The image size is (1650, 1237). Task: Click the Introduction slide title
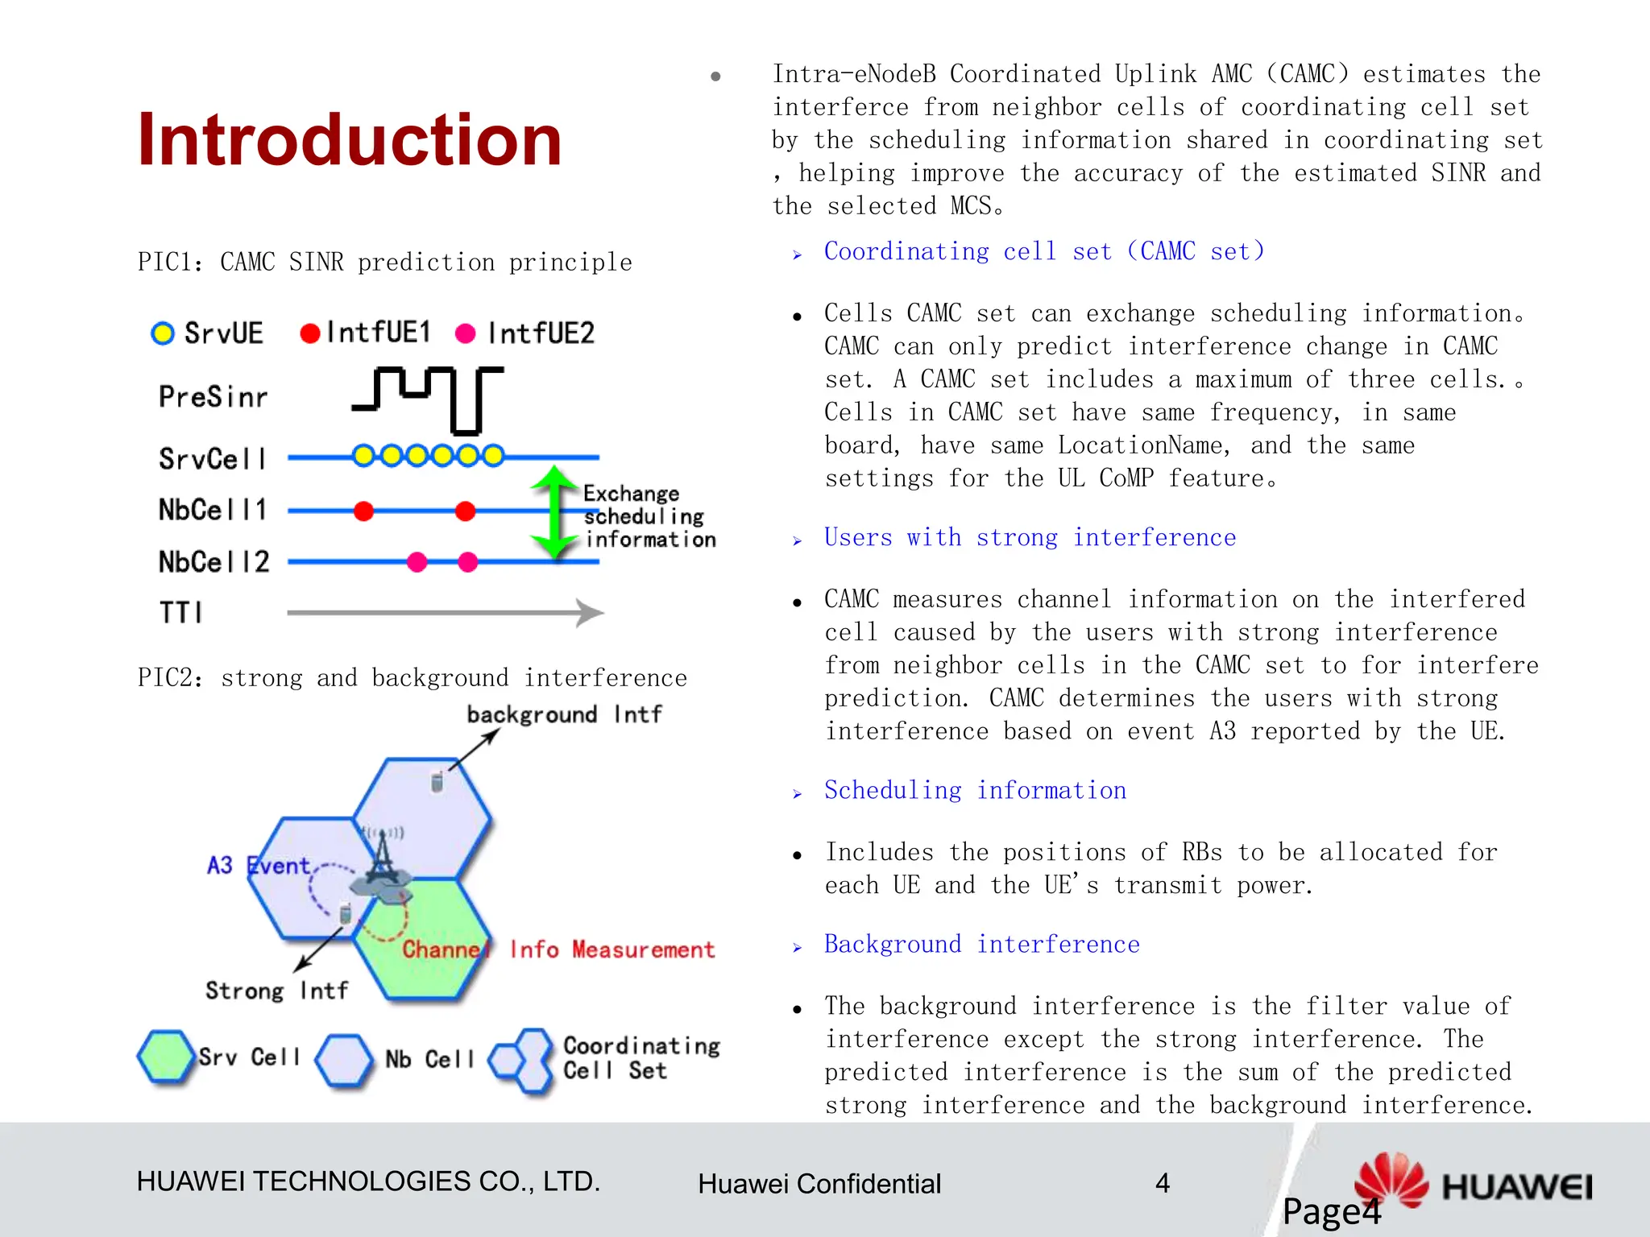(349, 140)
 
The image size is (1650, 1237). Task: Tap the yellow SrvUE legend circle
(163, 333)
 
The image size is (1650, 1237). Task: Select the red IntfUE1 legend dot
(309, 333)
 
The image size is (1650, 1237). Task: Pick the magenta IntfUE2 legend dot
(465, 333)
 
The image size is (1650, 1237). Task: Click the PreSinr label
(213, 397)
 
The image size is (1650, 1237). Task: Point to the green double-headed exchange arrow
(553, 512)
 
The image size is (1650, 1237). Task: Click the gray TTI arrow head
(591, 613)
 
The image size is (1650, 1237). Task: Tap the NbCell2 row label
(214, 561)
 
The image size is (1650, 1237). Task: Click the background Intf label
(564, 714)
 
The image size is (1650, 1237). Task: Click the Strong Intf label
(276, 991)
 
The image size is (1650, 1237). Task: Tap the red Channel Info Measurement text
(558, 949)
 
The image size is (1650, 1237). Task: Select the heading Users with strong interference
(1029, 538)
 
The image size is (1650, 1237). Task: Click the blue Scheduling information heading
(975, 791)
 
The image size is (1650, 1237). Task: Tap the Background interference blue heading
(981, 945)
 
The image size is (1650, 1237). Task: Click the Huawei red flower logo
(1391, 1180)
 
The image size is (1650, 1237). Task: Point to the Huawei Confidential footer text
(819, 1184)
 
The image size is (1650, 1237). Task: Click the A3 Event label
(258, 866)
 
